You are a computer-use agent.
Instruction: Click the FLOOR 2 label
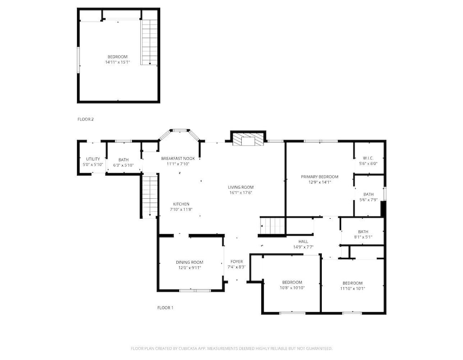tap(86, 120)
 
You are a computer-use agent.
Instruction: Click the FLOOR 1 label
tap(165, 308)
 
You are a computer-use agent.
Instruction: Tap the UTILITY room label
tap(93, 159)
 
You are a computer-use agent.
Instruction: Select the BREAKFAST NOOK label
tap(178, 158)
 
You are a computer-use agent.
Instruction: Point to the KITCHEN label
tap(181, 204)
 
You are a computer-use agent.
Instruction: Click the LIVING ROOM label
tap(241, 187)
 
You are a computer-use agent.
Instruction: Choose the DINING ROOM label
tap(189, 262)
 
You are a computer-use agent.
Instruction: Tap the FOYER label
tap(237, 262)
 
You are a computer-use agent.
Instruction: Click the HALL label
tap(303, 241)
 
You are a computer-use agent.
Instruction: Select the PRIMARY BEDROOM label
tap(320, 177)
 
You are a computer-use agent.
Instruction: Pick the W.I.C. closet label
tap(368, 158)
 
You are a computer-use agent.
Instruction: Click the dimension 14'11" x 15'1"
tap(118, 62)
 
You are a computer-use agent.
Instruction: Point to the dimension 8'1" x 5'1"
tap(363, 237)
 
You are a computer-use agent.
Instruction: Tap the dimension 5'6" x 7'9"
tap(369, 200)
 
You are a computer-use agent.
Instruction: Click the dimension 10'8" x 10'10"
tap(292, 288)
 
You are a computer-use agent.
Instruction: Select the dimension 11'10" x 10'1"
tap(352, 289)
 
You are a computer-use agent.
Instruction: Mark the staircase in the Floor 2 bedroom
tap(150, 42)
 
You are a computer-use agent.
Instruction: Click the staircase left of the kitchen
tap(150, 196)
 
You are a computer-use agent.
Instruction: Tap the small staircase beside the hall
tap(272, 226)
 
